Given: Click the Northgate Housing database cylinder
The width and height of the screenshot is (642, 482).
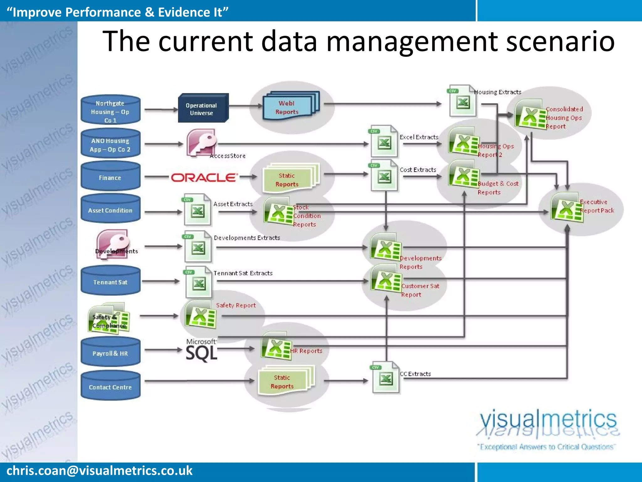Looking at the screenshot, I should point(110,110).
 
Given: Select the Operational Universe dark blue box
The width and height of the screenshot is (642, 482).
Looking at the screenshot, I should point(203,108).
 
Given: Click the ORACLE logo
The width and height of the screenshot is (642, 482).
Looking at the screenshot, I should point(204,178).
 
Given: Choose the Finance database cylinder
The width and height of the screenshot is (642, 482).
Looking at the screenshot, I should point(110,176).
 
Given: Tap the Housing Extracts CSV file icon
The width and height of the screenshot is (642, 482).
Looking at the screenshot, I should point(462,101).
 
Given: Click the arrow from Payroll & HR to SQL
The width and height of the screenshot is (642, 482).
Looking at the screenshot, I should point(163,350).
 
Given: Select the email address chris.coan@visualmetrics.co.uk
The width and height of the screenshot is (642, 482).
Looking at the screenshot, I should point(99,471).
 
